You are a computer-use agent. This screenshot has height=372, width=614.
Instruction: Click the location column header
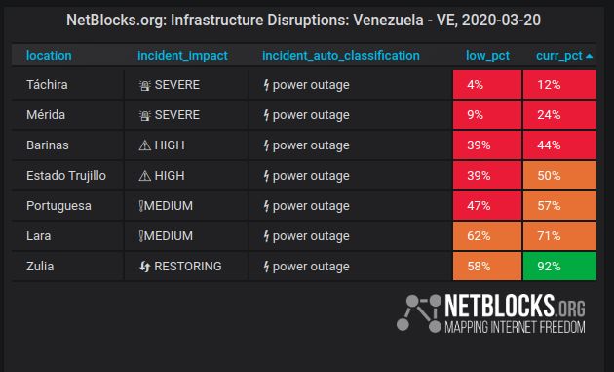point(49,56)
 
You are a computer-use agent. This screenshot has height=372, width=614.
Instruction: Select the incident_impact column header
point(182,56)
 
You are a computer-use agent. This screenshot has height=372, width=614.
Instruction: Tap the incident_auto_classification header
point(341,56)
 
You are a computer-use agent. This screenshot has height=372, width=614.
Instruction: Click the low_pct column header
point(487,56)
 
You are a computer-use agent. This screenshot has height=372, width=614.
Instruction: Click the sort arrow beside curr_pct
point(589,56)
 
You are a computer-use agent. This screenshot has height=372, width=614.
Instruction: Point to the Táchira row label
point(47,85)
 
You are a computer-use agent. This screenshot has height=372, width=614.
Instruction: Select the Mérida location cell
point(46,115)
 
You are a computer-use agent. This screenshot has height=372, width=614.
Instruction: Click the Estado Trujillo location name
point(66,176)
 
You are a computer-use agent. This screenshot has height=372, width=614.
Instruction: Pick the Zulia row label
point(40,266)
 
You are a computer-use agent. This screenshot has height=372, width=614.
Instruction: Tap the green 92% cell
point(559,266)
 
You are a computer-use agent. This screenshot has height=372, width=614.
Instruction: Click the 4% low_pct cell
point(487,85)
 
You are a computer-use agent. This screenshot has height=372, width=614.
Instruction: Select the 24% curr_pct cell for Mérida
point(559,115)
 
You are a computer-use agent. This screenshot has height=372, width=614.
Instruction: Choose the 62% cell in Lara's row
point(487,236)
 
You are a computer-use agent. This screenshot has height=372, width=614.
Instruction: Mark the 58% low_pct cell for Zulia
point(487,266)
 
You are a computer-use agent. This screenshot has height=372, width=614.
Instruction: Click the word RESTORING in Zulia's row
point(188,266)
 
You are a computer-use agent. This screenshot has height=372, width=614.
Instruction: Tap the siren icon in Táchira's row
point(145,85)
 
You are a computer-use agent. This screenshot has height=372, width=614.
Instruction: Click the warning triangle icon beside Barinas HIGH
point(145,145)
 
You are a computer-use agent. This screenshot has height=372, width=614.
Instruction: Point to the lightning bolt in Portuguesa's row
point(266,206)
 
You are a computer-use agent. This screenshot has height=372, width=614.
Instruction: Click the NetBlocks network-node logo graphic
point(419,313)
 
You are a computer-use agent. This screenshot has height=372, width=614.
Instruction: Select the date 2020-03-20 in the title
point(501,20)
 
